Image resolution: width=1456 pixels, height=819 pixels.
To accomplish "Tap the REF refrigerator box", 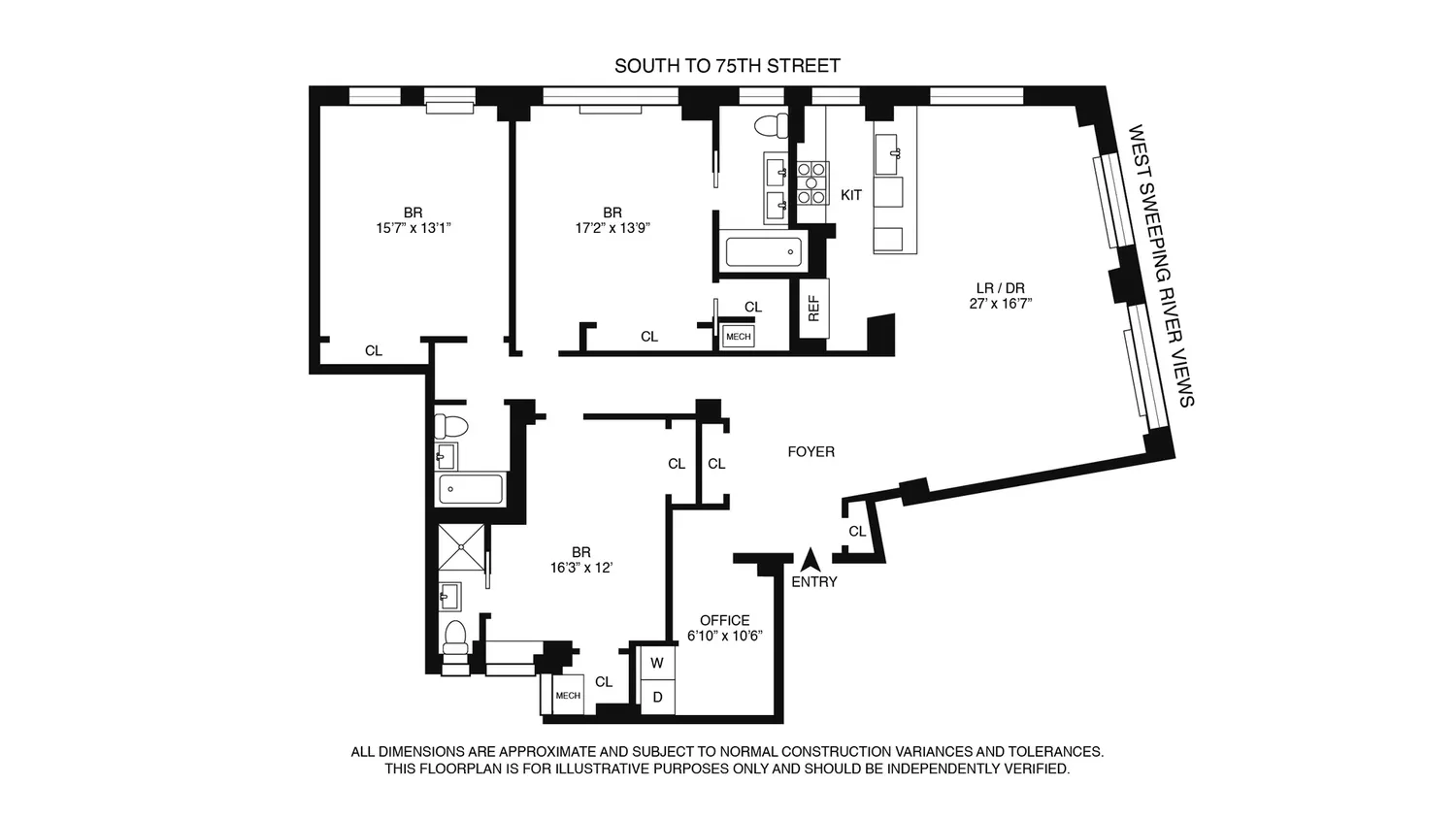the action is tap(813, 309).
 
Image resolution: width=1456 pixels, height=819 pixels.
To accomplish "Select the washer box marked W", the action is tap(657, 663).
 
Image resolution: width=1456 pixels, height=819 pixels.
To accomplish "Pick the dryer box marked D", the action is tap(657, 697).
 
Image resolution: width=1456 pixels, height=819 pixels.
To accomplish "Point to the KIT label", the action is tap(851, 195).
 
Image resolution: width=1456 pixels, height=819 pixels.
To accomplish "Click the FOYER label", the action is tap(811, 451).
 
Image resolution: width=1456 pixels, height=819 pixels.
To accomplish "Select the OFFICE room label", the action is tap(725, 620).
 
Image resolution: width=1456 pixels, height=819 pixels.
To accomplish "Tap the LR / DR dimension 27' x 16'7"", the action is tap(1001, 304).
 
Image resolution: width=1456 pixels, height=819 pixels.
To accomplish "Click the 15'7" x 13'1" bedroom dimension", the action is tap(414, 228).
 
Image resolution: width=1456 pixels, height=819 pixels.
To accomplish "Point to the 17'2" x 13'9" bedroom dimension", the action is tap(612, 228).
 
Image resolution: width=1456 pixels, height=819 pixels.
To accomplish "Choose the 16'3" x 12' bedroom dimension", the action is tap(581, 568).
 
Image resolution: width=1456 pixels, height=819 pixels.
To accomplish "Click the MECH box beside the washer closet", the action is tap(568, 696).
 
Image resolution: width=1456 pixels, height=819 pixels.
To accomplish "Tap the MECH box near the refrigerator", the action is tap(739, 337).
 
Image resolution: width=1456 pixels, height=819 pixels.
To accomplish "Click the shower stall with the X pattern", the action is tap(461, 547).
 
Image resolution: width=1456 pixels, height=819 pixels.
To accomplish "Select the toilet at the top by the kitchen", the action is tap(772, 125).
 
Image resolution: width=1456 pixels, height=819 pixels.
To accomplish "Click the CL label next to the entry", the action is tap(857, 531).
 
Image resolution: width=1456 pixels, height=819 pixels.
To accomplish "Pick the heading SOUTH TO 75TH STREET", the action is tap(727, 66).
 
